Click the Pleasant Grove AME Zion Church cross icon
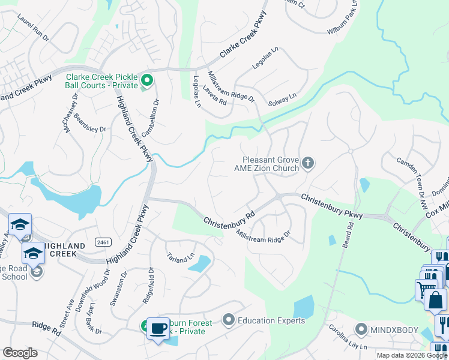[x=308, y=163]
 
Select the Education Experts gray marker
[x=228, y=320]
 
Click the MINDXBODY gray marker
[x=361, y=329]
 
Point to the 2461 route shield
[x=103, y=242]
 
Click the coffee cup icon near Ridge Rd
[x=158, y=328]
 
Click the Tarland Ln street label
[x=181, y=257]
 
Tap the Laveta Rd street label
[x=214, y=95]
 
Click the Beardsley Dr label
[x=90, y=128]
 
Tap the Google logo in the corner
[x=20, y=353]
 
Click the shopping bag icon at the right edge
[x=436, y=299]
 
